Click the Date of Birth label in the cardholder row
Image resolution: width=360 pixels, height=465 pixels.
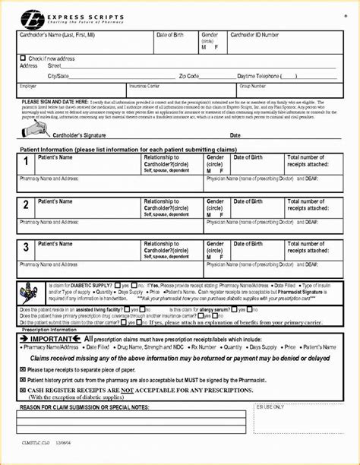(x=170, y=35)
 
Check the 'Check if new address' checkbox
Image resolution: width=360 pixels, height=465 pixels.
(x=23, y=58)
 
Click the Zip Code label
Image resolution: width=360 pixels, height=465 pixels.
(x=189, y=76)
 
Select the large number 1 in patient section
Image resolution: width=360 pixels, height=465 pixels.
(x=27, y=163)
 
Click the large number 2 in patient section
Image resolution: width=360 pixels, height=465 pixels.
(x=27, y=205)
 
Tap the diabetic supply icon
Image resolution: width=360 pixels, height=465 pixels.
(x=27, y=289)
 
